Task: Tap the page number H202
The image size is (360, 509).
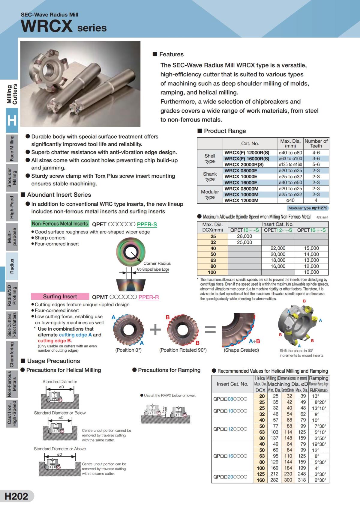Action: pos(16,496)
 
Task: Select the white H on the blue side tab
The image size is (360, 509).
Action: pos(12,121)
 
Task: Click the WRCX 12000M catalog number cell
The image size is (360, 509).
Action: pos(241,200)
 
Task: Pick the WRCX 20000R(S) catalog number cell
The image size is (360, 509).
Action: pos(244,164)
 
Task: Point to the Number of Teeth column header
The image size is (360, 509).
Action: pos(316,143)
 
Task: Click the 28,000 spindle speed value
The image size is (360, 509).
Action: pos(244,236)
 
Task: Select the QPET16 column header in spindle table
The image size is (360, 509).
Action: pos(311,230)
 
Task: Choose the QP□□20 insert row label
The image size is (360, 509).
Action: pos(230,477)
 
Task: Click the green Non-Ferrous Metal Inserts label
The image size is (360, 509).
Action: pos(60,224)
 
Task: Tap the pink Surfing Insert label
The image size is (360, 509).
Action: pos(60,296)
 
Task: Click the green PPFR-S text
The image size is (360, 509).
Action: pos(147,224)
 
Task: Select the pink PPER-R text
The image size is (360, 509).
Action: pos(148,297)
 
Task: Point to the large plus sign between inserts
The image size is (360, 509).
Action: pos(155,329)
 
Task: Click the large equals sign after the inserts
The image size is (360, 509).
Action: pos(210,329)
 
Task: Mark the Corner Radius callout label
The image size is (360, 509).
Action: pos(157,263)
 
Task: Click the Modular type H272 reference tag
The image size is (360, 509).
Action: pos(308,208)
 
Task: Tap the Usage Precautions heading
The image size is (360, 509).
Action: pos(53,361)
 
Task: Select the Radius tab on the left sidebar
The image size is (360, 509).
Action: pos(12,266)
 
